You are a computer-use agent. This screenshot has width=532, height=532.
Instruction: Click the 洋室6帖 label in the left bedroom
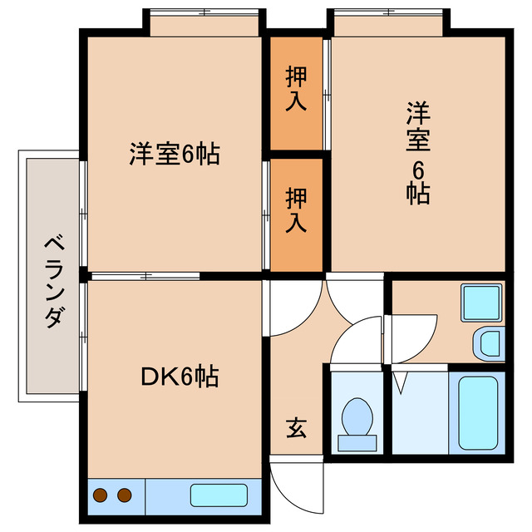pyautogui.click(x=174, y=154)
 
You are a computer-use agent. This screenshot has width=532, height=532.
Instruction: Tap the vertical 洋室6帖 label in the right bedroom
pyautogui.click(x=417, y=153)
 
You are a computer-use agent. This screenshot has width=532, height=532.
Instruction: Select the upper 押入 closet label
pyautogui.click(x=296, y=89)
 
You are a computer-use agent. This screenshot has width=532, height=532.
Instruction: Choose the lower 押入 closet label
pyautogui.click(x=296, y=210)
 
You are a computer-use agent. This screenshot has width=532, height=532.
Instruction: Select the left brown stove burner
pyautogui.click(x=101, y=496)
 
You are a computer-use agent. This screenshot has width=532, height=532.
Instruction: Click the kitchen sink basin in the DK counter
pyautogui.click(x=219, y=495)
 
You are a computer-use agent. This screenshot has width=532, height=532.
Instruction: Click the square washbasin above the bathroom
pyautogui.click(x=481, y=303)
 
